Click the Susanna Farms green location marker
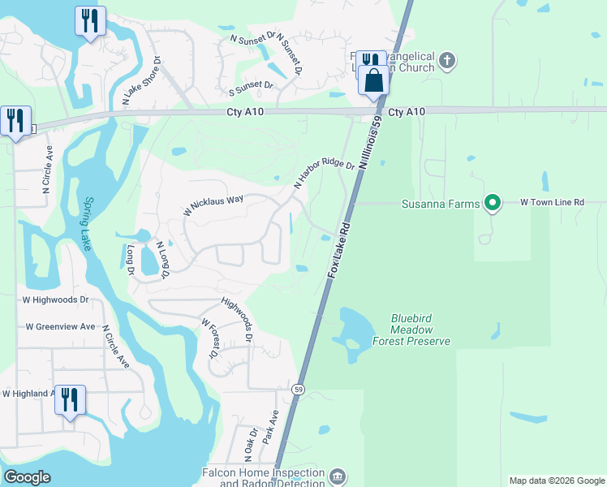pyautogui.click(x=492, y=203)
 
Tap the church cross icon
pyautogui.click(x=447, y=61)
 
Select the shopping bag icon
pyautogui.click(x=374, y=81)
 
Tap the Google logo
pyautogui.click(x=27, y=477)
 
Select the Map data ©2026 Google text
pyautogui.click(x=556, y=481)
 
